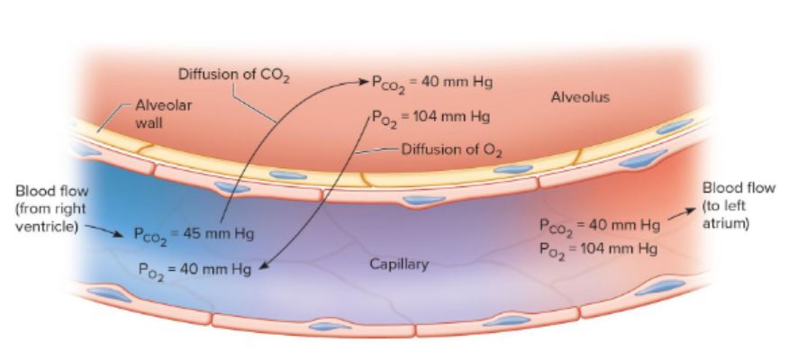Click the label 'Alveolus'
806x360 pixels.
580,97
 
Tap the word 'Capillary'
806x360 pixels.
399,265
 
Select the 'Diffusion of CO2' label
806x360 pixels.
234,76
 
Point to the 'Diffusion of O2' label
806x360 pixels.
452,150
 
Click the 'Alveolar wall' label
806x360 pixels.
164,113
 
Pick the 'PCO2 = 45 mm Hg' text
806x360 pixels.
194,235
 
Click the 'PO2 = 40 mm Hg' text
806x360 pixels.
195,271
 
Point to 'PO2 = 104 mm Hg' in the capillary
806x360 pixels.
598,250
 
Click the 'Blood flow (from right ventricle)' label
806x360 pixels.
51,209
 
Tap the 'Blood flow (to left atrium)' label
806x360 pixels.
739,205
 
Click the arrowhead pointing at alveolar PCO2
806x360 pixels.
365,81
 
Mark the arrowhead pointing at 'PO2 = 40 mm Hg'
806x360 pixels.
262,265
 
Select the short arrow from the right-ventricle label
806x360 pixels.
104,230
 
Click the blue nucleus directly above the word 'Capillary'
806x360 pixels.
423,201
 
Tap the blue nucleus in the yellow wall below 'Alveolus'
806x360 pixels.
513,169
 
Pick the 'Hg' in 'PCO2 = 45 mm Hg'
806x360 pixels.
244,234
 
